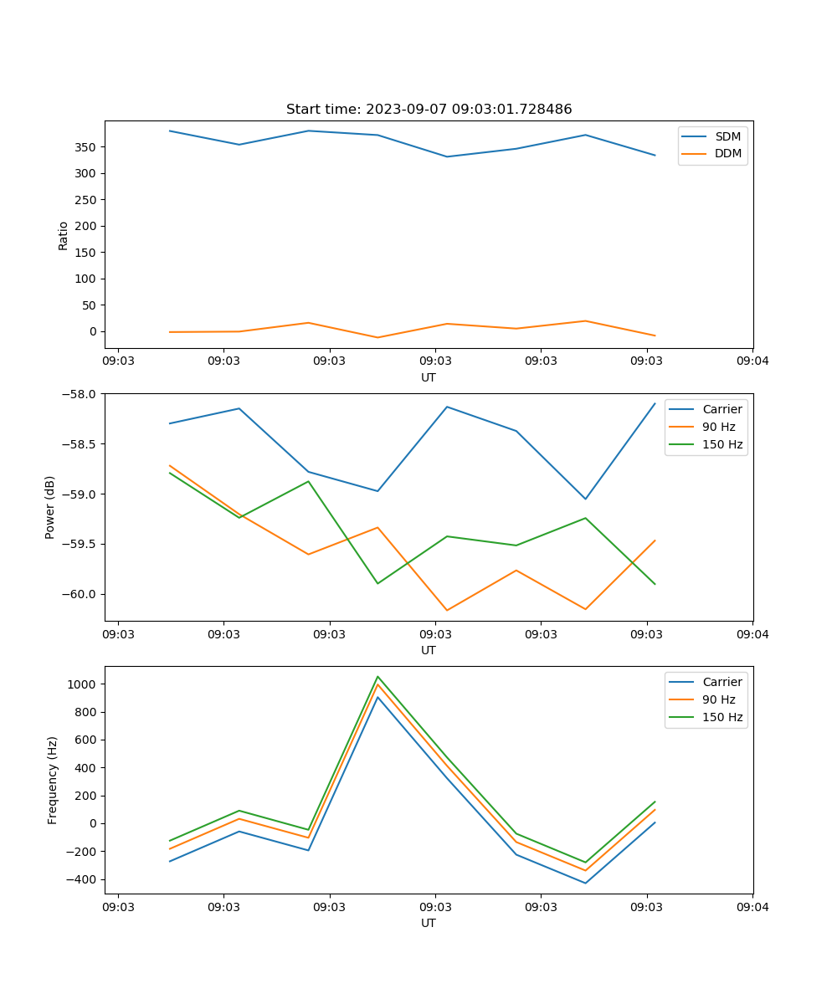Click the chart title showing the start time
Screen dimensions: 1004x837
[x=429, y=110]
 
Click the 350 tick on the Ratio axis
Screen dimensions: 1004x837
[x=86, y=147]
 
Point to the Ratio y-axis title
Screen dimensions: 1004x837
[x=64, y=235]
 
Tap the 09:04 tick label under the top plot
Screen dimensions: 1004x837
[x=752, y=361]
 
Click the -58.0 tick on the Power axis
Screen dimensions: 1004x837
[x=81, y=394]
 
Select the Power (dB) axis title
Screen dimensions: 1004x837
[x=50, y=507]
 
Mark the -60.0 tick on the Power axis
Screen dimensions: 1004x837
[x=81, y=595]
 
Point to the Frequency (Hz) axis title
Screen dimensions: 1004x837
[x=53, y=780]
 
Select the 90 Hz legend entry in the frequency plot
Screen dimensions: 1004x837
[x=719, y=699]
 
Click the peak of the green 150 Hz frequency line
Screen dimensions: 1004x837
[x=377, y=676]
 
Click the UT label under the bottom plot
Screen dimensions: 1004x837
[x=429, y=924]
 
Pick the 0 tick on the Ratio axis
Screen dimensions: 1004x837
[x=94, y=331]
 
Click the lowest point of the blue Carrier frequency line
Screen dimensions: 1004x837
[x=585, y=884]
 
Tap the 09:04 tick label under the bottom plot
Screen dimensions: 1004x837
[x=752, y=907]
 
